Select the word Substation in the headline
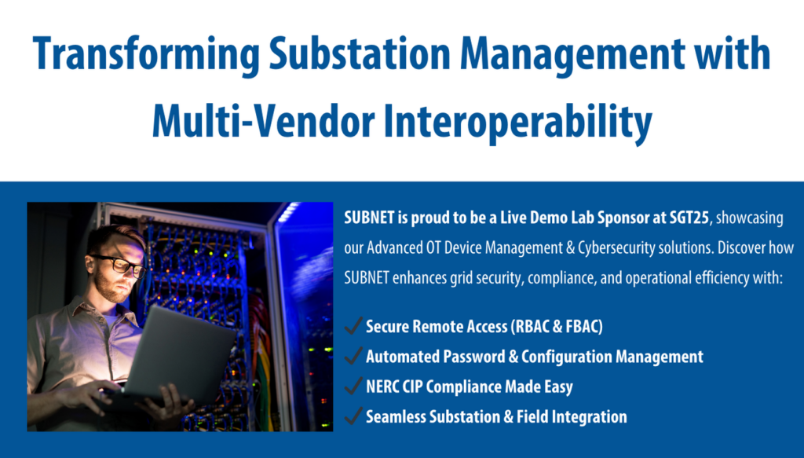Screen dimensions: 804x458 (360, 53)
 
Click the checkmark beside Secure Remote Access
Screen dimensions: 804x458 (353, 325)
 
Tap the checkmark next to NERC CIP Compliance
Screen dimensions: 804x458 (353, 386)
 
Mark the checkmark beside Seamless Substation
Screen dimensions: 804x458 (353, 416)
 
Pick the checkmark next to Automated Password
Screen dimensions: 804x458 (353, 355)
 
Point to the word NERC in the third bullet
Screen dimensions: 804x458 (382, 387)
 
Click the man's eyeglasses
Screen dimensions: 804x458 (119, 265)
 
